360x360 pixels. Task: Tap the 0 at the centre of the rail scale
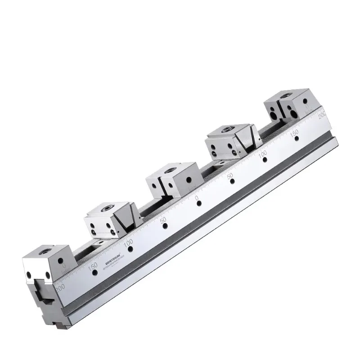[x=197, y=198]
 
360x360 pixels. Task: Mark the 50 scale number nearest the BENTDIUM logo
[x=164, y=220]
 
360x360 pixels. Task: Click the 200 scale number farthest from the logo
[x=322, y=115]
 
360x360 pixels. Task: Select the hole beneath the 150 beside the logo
[x=94, y=273]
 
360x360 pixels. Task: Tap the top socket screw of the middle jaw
[x=169, y=170]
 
